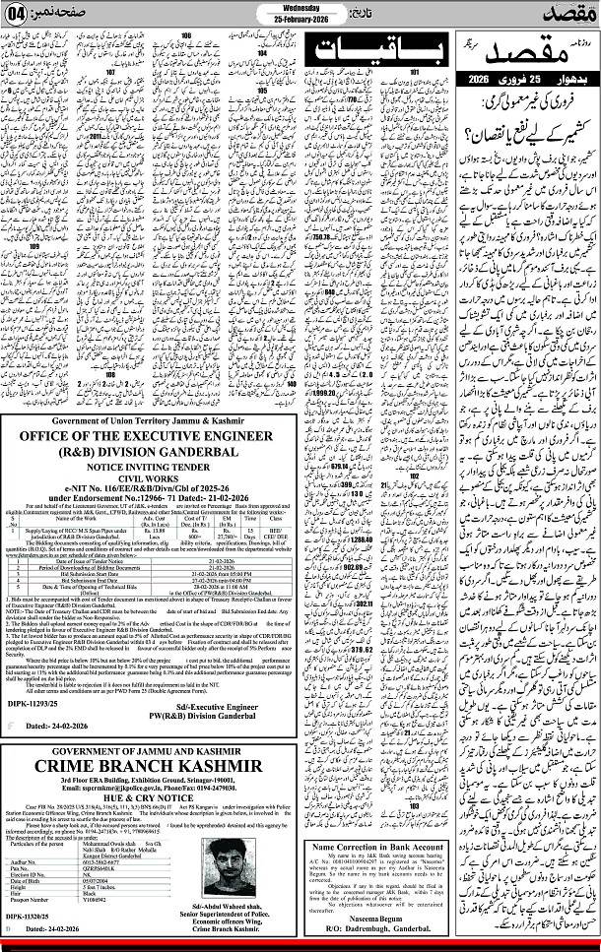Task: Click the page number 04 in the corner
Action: [19, 14]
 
